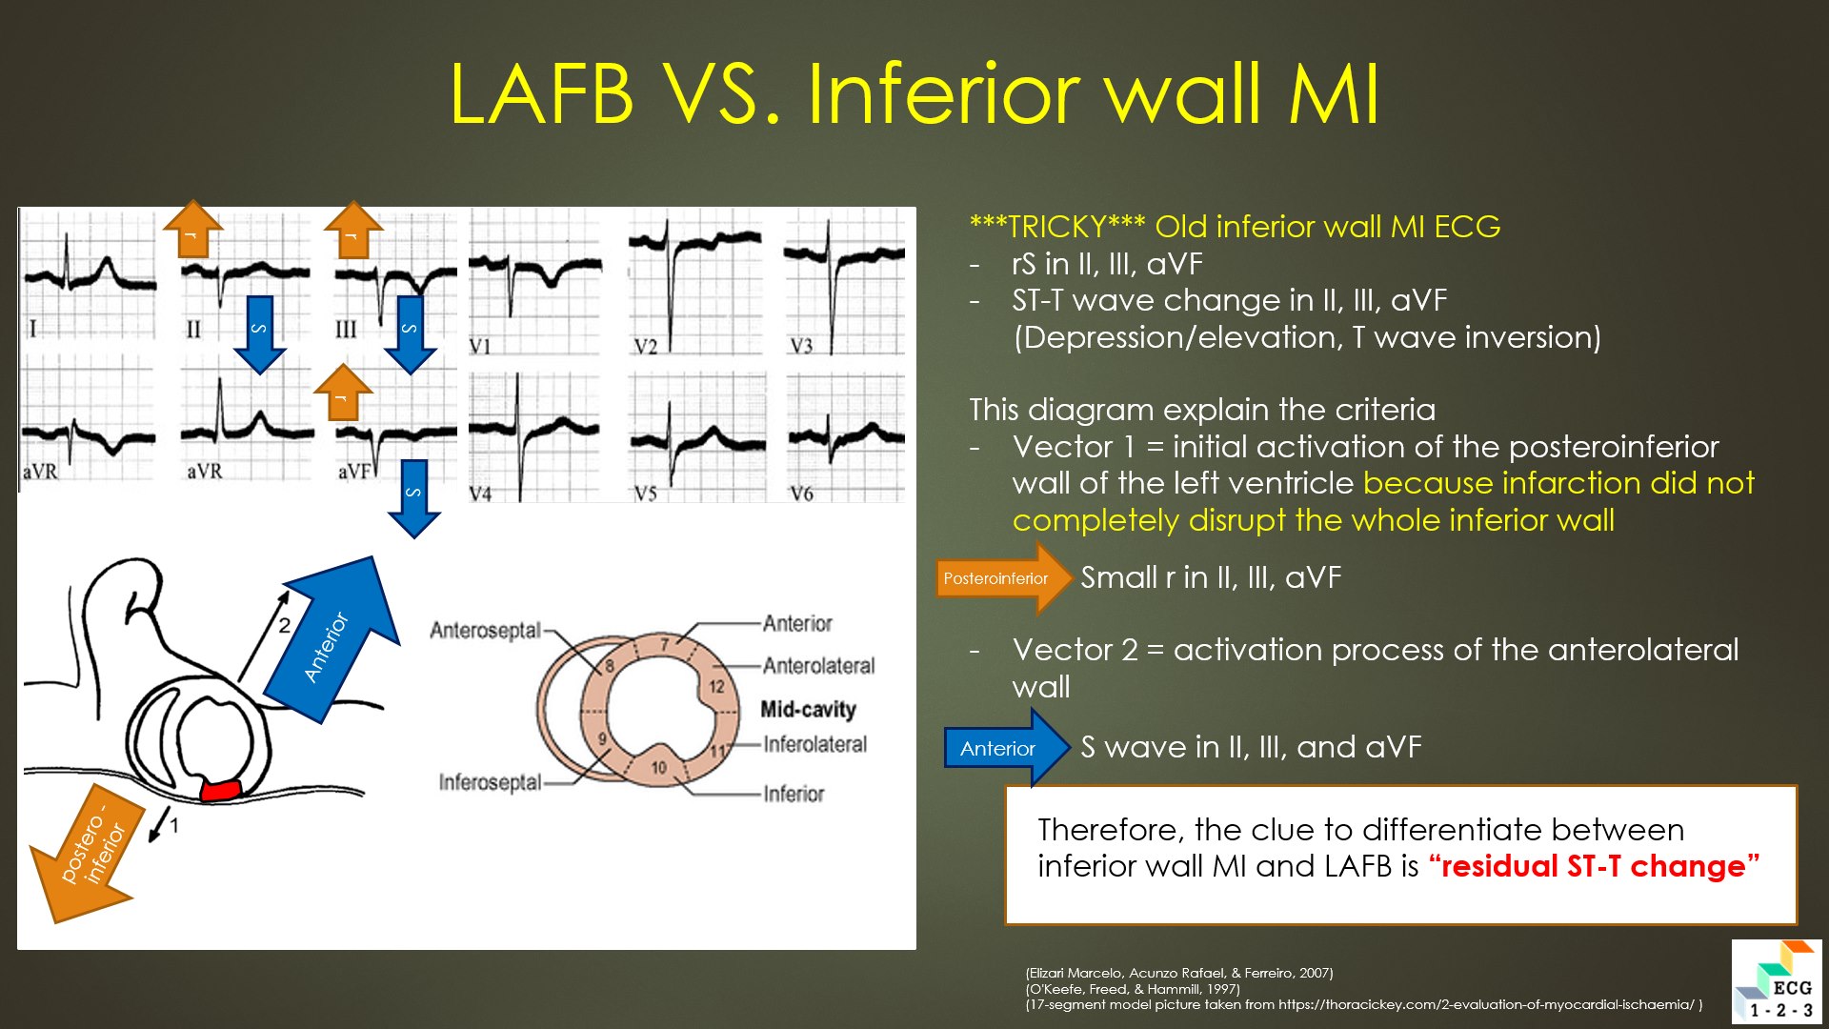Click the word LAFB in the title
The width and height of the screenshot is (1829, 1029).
pos(541,94)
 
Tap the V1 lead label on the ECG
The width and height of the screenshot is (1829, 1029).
pos(480,346)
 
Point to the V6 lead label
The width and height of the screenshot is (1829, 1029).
pos(801,494)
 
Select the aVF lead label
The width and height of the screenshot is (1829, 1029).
pos(353,472)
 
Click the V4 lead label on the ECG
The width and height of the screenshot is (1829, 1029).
pos(480,494)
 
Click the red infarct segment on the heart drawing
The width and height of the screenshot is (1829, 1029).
pos(220,790)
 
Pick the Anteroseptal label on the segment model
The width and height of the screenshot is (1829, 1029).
pos(485,631)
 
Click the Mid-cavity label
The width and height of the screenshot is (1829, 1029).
pos(808,709)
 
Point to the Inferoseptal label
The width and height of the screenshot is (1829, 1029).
pos(490,782)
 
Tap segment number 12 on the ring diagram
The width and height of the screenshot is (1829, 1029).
pos(716,687)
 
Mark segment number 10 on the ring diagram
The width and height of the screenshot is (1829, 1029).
pos(659,768)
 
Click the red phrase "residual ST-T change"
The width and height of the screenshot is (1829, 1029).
pos(1594,866)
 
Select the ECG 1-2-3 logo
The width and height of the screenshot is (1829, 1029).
pos(1776,981)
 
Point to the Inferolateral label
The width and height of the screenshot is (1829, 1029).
pos(815,744)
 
